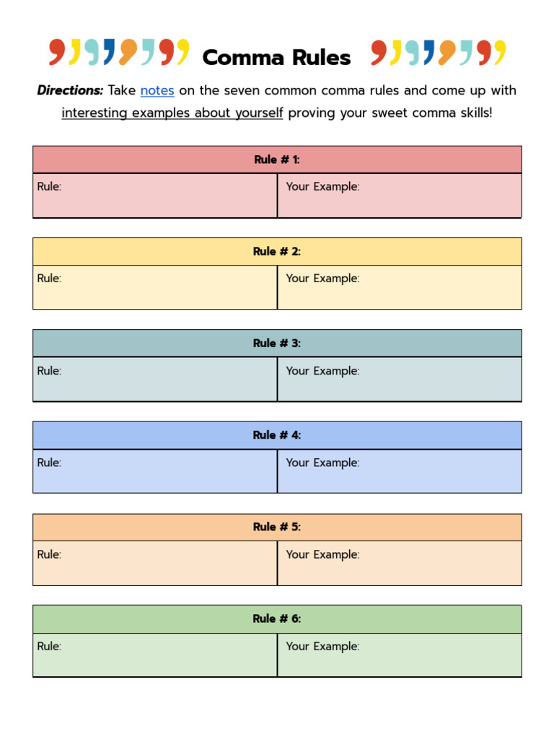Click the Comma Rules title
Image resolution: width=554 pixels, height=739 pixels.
(x=276, y=58)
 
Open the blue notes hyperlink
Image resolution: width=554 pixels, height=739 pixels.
(x=157, y=91)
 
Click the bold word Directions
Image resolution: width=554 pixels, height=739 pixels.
(x=70, y=91)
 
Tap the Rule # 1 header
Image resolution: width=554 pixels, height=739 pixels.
(x=277, y=159)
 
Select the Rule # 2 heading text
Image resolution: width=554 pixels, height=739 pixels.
(x=277, y=251)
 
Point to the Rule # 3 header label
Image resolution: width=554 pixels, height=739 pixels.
(x=277, y=344)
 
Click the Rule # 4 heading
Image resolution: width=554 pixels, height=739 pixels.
(x=277, y=435)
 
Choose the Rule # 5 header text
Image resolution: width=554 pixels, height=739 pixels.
(x=277, y=527)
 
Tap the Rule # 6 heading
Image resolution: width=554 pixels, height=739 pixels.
(x=277, y=618)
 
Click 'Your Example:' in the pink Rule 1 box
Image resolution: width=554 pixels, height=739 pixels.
(x=322, y=187)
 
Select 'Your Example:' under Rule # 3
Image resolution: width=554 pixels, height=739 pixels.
(x=322, y=371)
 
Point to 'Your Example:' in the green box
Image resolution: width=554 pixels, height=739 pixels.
(x=322, y=647)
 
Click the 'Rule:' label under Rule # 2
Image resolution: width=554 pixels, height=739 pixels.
(x=49, y=279)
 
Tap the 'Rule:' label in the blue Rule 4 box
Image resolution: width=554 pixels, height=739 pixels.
(x=49, y=463)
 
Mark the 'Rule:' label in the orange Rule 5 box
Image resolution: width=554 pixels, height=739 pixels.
(x=49, y=555)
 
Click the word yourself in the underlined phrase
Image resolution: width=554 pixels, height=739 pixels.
(x=257, y=113)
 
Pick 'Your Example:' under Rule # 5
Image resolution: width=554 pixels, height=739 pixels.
(x=322, y=555)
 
